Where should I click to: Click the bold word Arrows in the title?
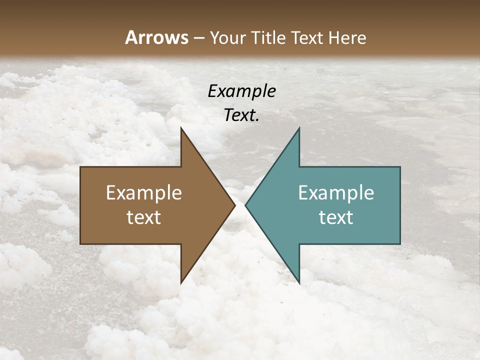[156, 37]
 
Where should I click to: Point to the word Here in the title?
[347, 38]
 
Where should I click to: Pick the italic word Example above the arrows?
[242, 91]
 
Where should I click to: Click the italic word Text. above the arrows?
[242, 115]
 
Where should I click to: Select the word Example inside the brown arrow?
[144, 193]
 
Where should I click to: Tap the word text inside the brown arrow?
[144, 217]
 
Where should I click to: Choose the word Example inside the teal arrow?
[336, 193]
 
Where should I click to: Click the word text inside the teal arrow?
[336, 217]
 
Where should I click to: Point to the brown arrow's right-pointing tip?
[235, 205]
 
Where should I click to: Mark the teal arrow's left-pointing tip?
[245, 205]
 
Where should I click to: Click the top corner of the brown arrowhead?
[181, 128]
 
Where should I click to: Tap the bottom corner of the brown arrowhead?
[181, 283]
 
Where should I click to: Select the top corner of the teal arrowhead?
[299, 128]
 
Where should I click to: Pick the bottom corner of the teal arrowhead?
[299, 283]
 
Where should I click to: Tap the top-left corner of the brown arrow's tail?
[80, 167]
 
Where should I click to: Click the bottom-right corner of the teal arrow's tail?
[400, 244]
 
